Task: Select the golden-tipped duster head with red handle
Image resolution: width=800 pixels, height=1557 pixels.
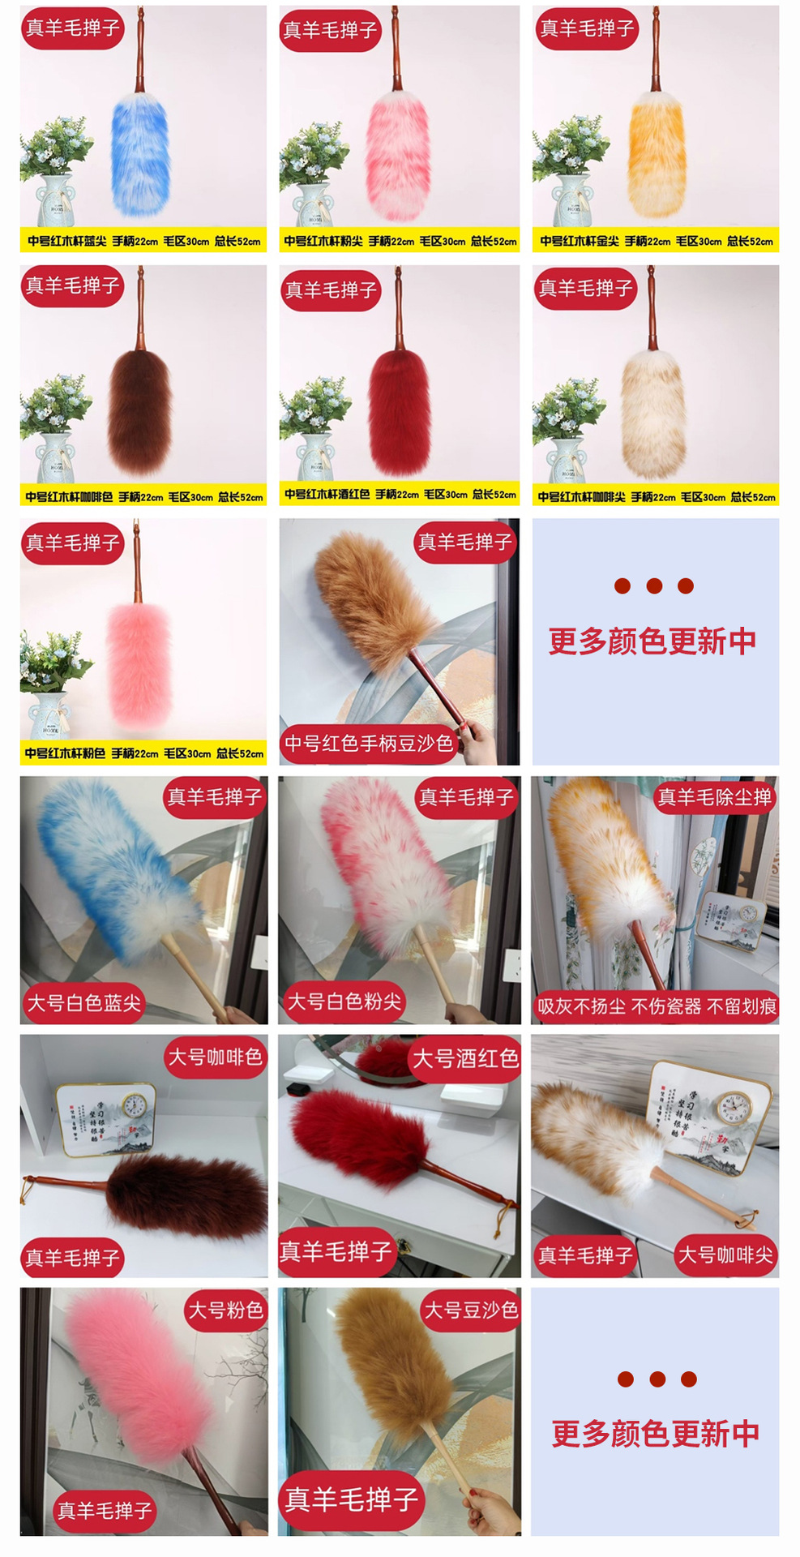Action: click(657, 154)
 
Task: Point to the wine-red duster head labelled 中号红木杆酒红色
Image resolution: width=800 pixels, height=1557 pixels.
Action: click(399, 414)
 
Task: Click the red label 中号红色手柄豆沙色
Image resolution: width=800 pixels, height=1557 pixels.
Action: click(369, 744)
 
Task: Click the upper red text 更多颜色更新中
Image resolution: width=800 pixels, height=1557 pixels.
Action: click(652, 641)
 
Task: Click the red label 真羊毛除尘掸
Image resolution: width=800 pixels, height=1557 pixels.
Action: click(714, 798)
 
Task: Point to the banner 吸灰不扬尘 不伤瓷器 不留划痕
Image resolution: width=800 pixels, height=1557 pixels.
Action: click(656, 1007)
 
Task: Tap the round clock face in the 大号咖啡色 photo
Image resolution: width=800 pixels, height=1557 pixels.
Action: click(135, 1104)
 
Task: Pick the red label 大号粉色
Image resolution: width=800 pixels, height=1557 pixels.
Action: click(226, 1310)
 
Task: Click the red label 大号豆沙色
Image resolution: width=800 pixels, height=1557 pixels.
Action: click(471, 1310)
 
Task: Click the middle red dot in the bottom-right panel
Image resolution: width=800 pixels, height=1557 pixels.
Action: click(657, 1379)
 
